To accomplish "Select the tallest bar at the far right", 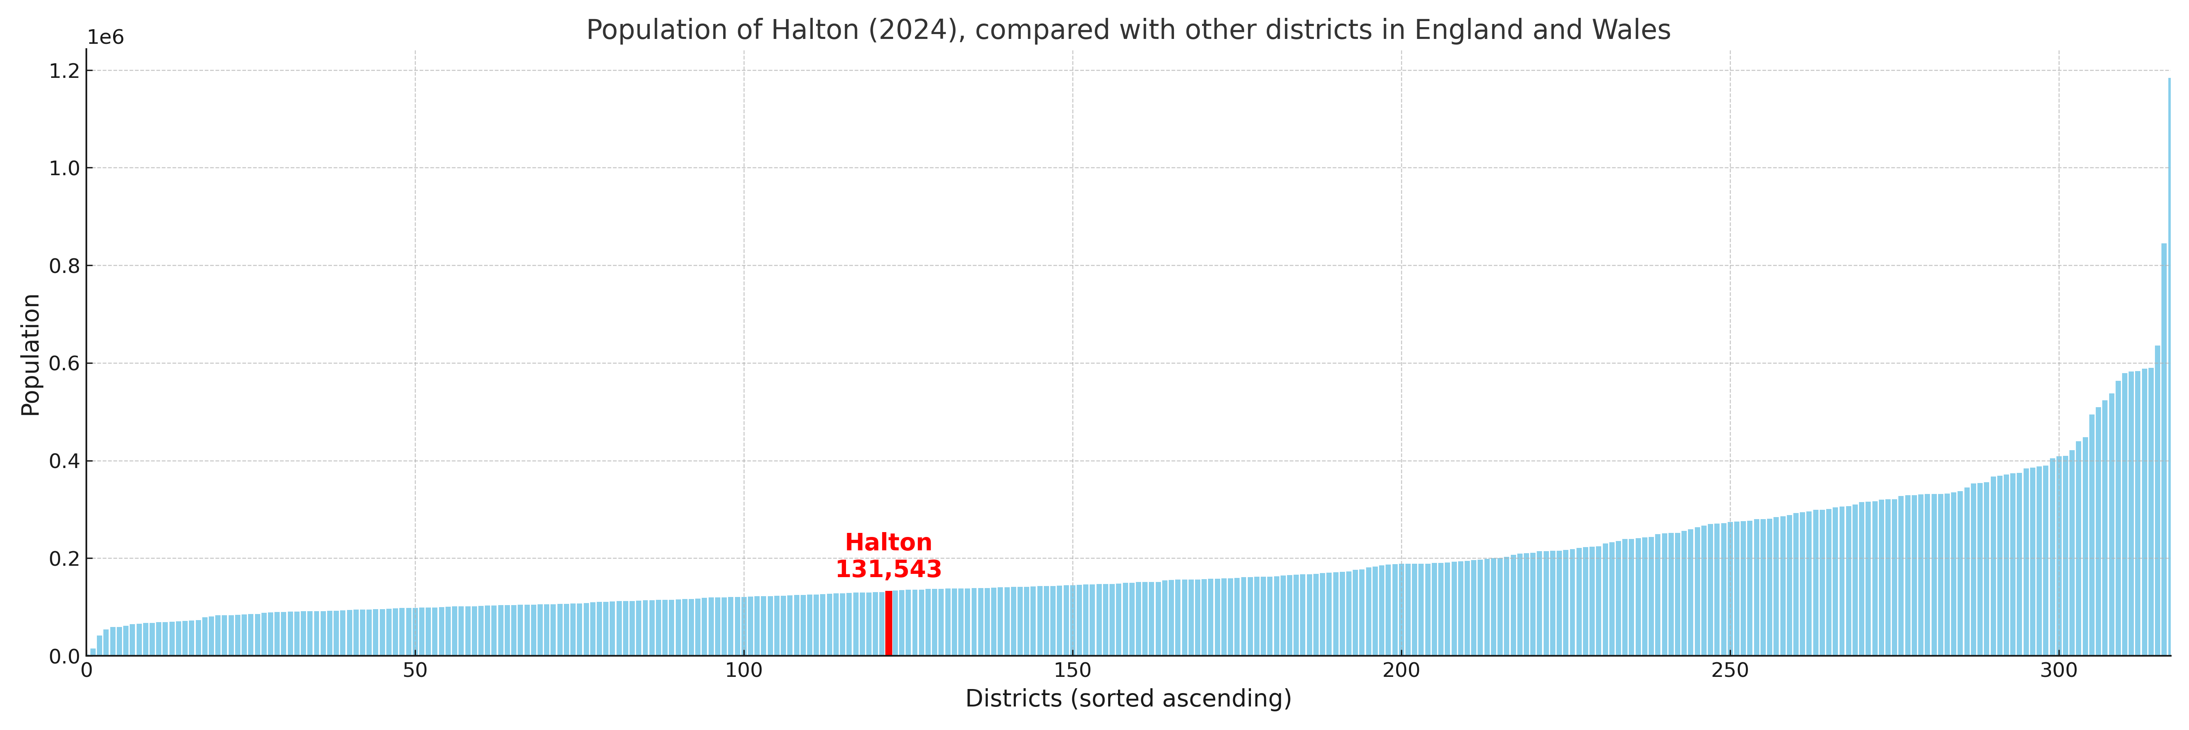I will (x=2169, y=365).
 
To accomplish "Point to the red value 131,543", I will (x=888, y=569).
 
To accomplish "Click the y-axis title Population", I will (x=30, y=354).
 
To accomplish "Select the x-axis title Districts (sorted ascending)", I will (x=1128, y=698).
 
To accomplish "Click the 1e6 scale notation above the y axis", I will (x=105, y=37).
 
